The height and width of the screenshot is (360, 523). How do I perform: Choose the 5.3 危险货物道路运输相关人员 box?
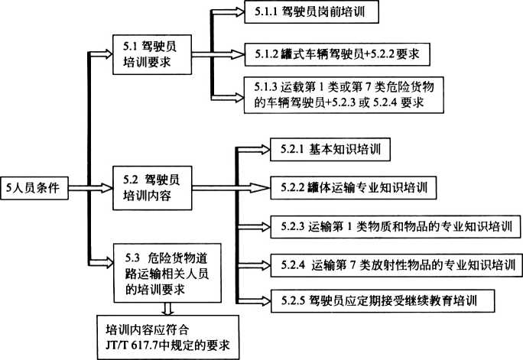pos(156,268)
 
